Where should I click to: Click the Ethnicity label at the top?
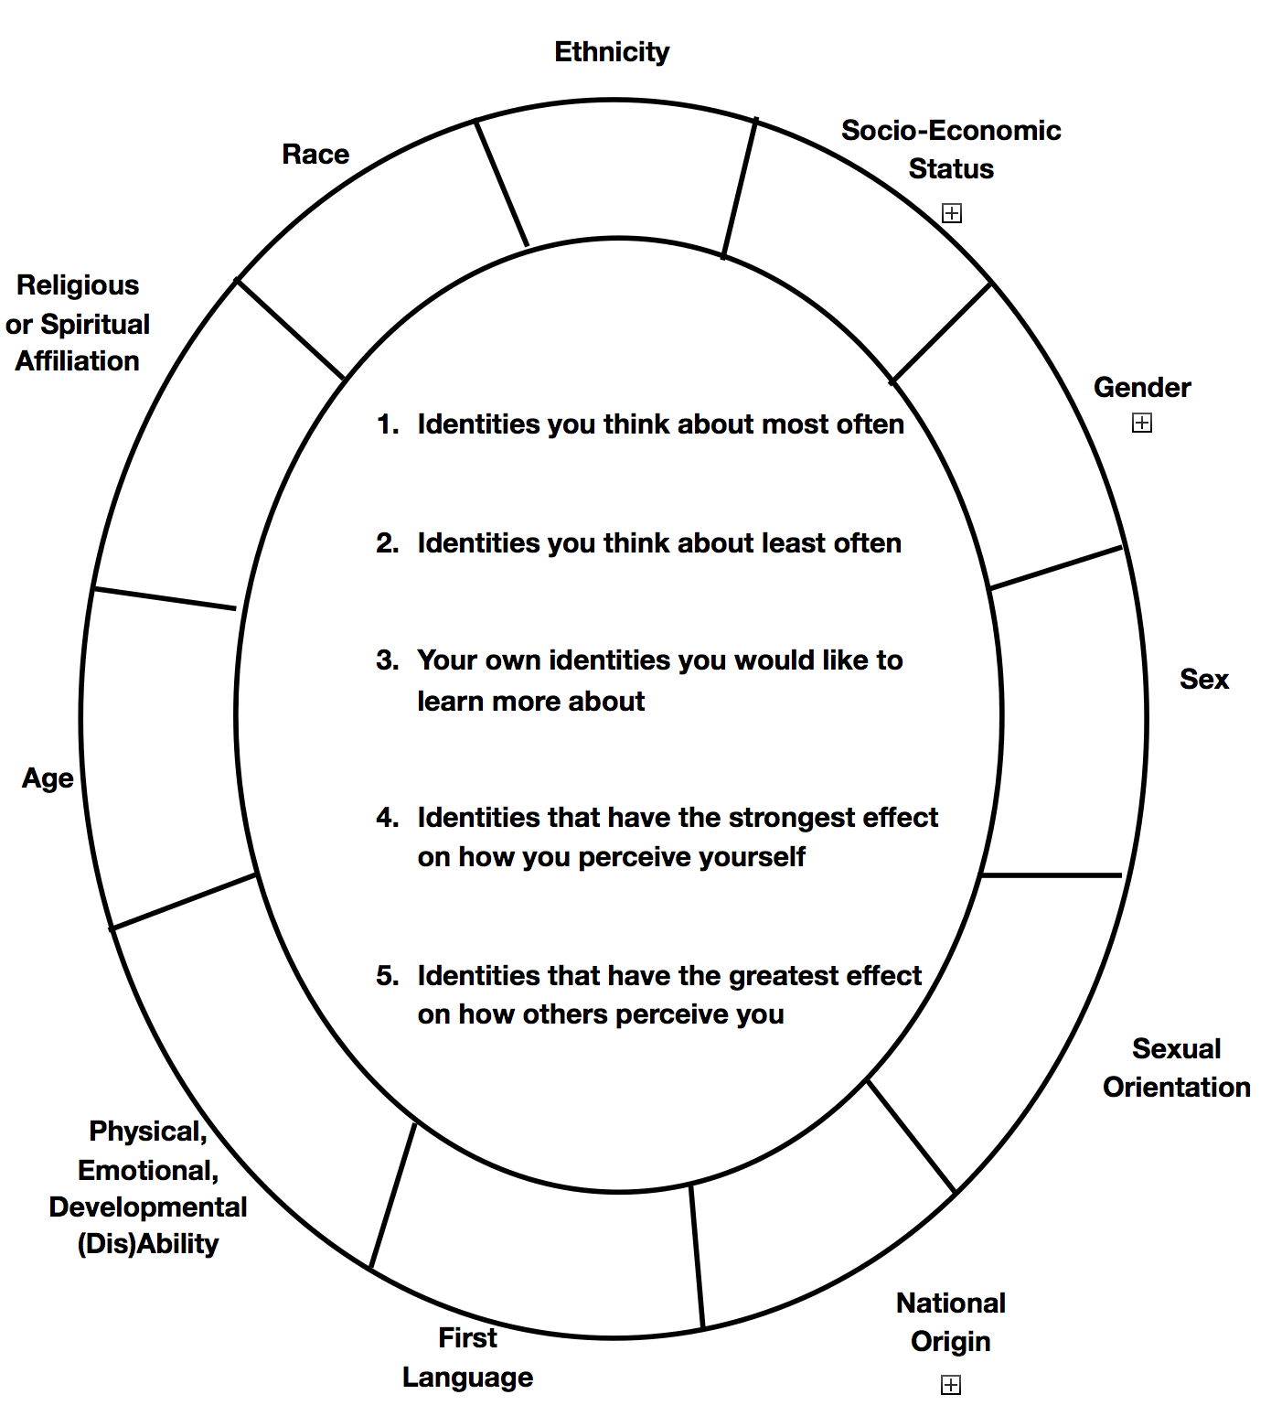(612, 52)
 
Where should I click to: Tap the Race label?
(315, 155)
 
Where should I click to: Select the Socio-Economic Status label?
(951, 149)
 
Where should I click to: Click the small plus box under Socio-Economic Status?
(952, 213)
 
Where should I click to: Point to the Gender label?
(1142, 388)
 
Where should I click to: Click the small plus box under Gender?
(1142, 423)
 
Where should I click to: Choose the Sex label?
(1203, 680)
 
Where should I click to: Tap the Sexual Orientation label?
(1176, 1067)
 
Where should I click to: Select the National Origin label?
(951, 1322)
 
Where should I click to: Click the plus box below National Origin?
(951, 1385)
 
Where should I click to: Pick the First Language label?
(467, 1357)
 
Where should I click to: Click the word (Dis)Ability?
(148, 1244)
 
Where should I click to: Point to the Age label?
(48, 778)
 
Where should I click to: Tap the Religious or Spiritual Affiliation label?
(78, 324)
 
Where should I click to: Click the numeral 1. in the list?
(388, 424)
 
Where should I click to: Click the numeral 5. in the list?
(388, 976)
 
